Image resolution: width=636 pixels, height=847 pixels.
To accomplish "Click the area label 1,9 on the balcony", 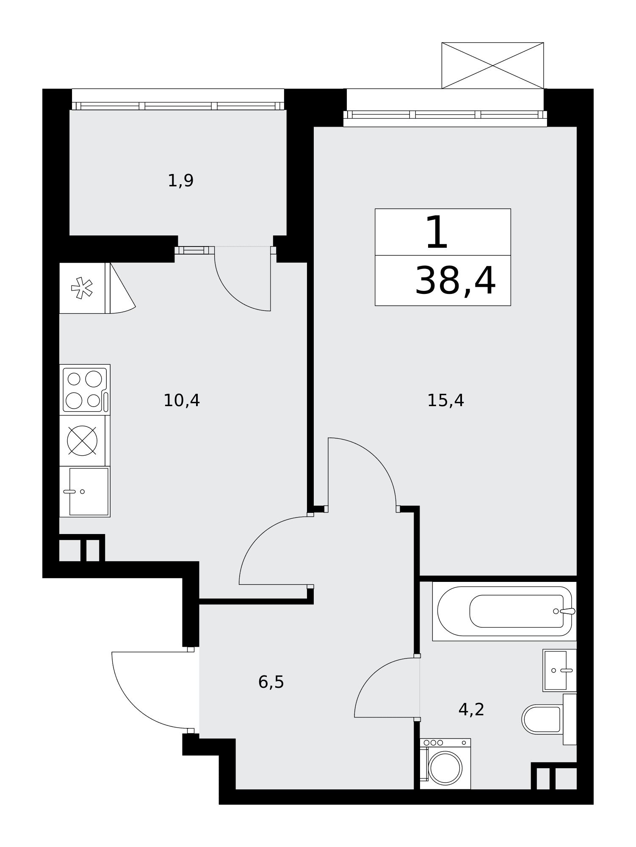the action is (181, 181).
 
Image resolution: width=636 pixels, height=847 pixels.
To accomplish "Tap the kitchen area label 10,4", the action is (181, 400).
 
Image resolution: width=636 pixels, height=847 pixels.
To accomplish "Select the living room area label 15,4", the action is (445, 400).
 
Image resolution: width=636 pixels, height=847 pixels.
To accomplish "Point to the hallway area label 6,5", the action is (271, 682).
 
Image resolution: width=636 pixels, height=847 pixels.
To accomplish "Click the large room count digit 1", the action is (437, 232).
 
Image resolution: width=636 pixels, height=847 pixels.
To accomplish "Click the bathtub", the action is (504, 611).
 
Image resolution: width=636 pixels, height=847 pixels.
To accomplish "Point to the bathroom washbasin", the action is (559, 670).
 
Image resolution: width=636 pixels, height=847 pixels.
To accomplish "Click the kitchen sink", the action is (85, 491).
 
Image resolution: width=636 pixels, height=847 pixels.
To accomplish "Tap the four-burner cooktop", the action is (85, 390).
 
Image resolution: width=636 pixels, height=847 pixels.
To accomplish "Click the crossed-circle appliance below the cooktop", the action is (82, 440).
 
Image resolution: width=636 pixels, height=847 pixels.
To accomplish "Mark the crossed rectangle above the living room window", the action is (492, 66).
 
